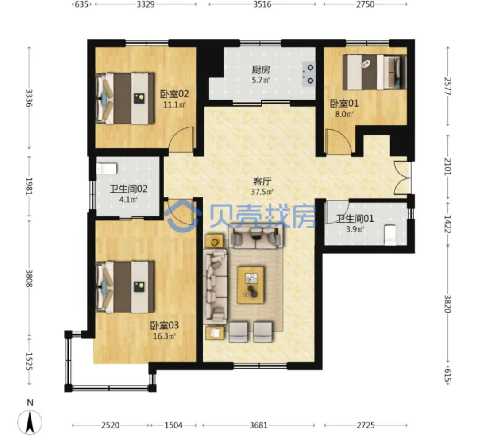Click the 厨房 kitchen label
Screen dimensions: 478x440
(x=261, y=70)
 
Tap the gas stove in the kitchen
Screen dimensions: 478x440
(x=308, y=74)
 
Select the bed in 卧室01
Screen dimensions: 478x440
(x=375, y=72)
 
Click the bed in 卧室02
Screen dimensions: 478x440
(x=125, y=98)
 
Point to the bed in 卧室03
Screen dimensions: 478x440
(x=125, y=287)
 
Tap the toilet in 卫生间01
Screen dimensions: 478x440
(x=390, y=235)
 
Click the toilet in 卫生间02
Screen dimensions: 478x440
(x=107, y=169)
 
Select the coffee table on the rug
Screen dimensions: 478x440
(x=251, y=285)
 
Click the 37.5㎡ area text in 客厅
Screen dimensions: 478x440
(x=262, y=192)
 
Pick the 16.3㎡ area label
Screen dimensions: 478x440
(x=165, y=336)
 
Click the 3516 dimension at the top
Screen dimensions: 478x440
(x=262, y=4)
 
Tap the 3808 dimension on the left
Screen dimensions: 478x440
(x=29, y=278)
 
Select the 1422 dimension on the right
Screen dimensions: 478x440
(x=447, y=224)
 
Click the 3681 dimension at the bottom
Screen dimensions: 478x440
(x=258, y=425)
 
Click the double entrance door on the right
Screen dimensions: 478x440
(x=402, y=178)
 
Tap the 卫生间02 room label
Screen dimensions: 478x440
(x=128, y=189)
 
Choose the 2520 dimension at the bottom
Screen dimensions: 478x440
(x=110, y=425)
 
